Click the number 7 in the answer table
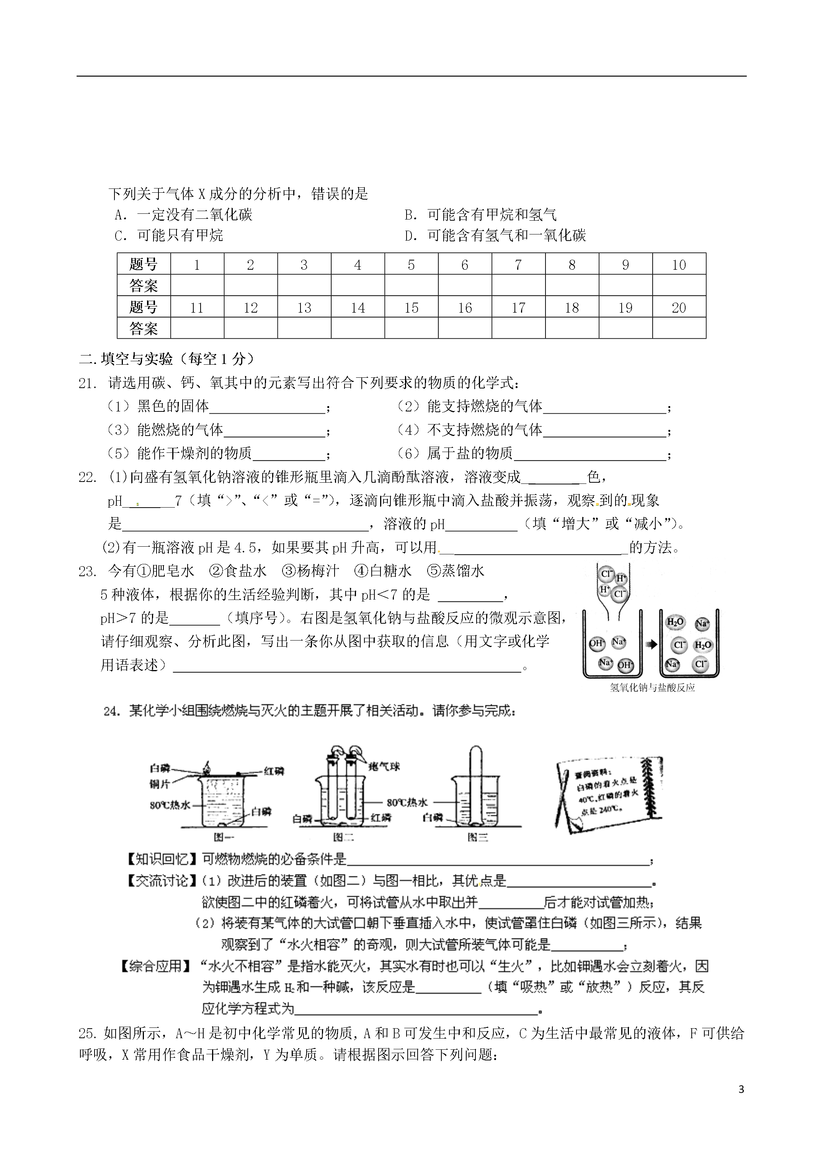518,264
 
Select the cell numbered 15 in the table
411,308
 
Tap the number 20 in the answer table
678,308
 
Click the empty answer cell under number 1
197,286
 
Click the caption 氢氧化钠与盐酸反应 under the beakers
652,688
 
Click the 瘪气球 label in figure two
384,766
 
